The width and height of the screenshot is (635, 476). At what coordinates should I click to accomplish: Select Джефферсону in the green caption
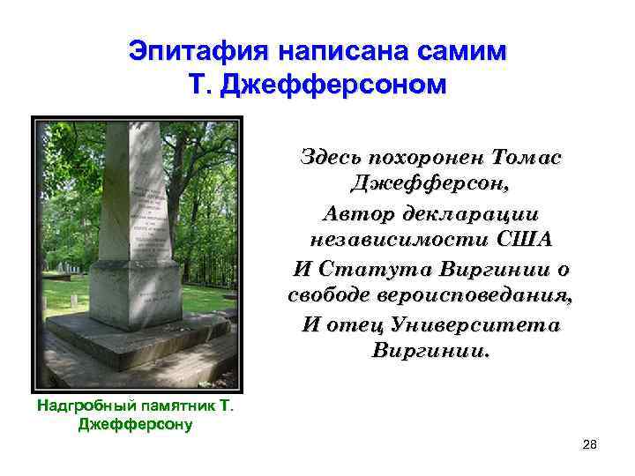(x=135, y=424)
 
